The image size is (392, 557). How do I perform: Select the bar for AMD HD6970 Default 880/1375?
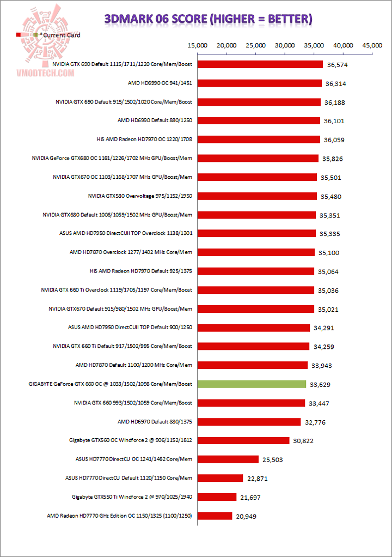coord(249,422)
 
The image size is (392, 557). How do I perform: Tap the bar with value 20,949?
coord(215,516)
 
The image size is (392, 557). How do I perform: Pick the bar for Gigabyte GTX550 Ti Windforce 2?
coord(217,497)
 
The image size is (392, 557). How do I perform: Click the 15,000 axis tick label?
coord(197,46)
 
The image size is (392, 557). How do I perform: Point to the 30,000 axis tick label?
coord(285,46)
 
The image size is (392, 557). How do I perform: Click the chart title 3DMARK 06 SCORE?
coord(208,20)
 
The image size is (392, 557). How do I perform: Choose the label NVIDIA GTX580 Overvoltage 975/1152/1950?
coord(140,196)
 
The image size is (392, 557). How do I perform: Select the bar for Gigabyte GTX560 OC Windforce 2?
coord(243,440)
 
